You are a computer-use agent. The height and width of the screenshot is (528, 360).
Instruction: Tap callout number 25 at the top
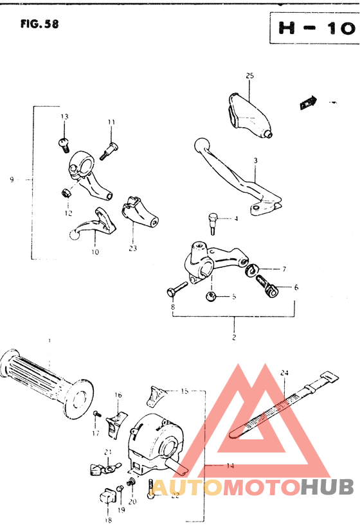[249, 76]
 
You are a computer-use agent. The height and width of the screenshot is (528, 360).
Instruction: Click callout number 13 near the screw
[64, 116]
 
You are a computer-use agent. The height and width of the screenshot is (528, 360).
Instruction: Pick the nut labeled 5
[210, 295]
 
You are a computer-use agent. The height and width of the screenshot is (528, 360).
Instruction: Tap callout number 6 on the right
[296, 287]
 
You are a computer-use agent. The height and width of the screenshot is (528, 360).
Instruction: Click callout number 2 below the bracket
[234, 337]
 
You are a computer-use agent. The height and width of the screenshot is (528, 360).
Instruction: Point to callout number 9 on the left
[12, 180]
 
